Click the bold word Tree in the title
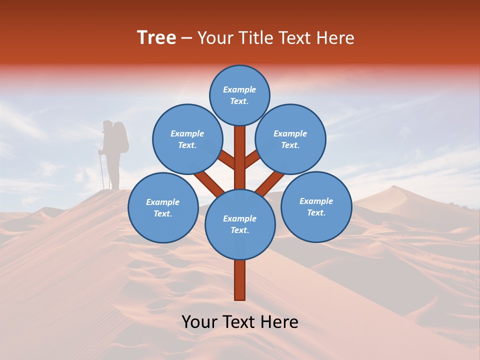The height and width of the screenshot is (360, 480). [156, 37]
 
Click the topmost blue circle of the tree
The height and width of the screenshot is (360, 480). [239, 95]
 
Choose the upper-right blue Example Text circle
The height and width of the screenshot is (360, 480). [290, 139]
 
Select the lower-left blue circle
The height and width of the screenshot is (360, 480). [163, 207]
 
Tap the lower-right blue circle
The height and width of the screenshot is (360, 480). [316, 206]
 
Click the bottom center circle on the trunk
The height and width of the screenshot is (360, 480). [240, 224]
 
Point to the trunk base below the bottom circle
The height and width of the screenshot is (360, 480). [240, 280]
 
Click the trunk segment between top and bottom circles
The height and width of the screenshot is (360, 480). [240, 157]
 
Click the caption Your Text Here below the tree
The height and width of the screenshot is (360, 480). [240, 322]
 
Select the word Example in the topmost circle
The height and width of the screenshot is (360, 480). [239, 89]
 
